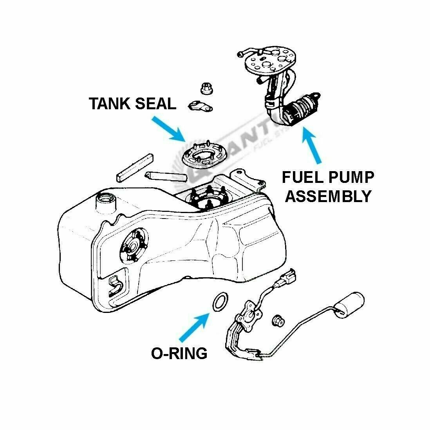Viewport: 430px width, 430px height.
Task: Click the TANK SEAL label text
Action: (132, 104)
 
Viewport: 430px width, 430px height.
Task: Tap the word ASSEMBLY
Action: (328, 195)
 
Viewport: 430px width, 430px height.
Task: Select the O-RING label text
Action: (179, 353)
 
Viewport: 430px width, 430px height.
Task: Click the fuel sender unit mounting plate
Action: (249, 313)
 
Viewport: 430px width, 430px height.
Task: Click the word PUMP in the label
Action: (351, 178)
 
